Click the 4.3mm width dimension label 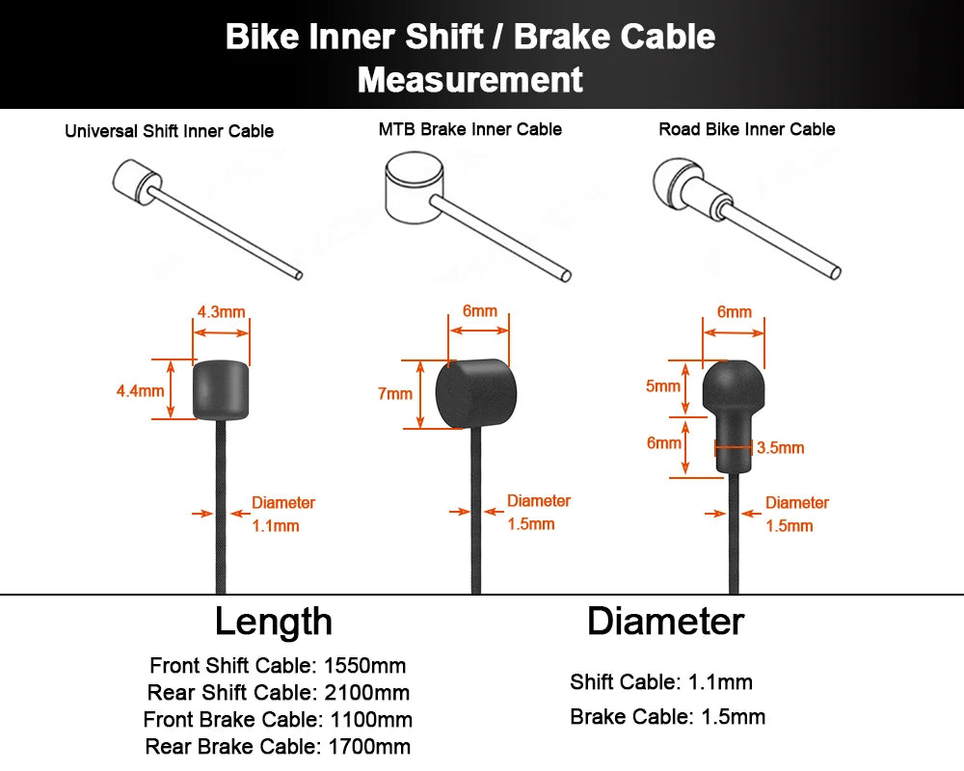point(221,312)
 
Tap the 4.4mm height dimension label point(139,390)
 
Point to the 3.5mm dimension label point(780,448)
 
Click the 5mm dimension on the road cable point(663,386)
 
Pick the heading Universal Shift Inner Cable point(169,131)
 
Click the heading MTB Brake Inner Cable point(469,129)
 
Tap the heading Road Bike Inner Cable point(747,129)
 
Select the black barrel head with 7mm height point(476,393)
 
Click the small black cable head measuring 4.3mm point(222,389)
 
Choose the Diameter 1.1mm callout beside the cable point(281,514)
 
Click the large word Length point(274,622)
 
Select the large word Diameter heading point(665,622)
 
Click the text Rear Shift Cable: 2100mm point(278,693)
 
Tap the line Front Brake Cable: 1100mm point(278,720)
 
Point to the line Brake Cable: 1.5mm point(667,717)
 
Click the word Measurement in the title point(470,79)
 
